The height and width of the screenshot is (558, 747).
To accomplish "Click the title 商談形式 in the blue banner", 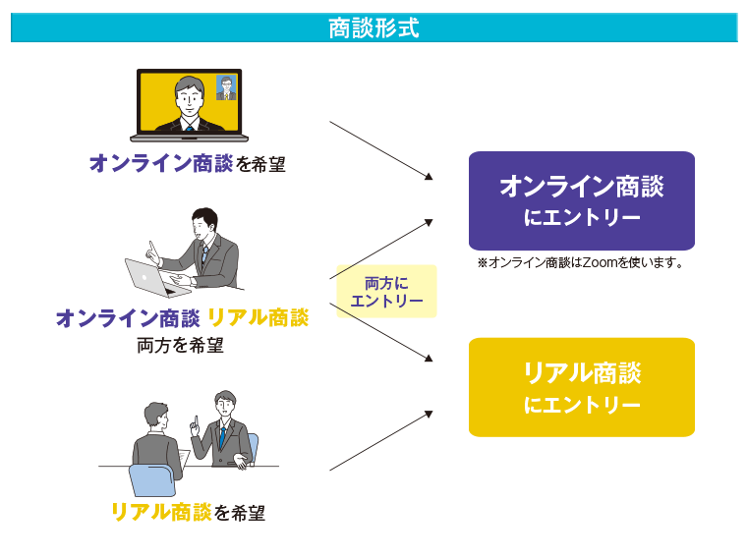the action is [373, 28].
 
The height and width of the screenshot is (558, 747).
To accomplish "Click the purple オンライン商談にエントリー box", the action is [582, 201].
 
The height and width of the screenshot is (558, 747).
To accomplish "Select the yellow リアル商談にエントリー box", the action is [582, 387].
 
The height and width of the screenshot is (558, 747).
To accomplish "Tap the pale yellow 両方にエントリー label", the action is [386, 292].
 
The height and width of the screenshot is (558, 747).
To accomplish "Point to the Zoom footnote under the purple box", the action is [581, 262].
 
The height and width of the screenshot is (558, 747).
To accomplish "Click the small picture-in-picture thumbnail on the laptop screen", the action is [226, 87].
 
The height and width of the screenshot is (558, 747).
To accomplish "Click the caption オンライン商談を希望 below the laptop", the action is [188, 163].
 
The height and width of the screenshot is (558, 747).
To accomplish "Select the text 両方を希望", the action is [180, 345].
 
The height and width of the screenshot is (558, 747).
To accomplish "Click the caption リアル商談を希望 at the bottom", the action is [188, 512].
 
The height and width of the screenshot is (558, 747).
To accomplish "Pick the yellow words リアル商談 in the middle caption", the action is [259, 317].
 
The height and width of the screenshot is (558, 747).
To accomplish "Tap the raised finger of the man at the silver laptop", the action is [151, 249].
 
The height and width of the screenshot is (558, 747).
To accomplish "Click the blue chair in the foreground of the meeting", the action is [152, 480].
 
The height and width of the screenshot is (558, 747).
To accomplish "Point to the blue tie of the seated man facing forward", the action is [222, 437].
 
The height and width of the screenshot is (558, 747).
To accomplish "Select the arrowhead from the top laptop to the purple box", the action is [429, 176].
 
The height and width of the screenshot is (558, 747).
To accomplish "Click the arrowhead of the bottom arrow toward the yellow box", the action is [429, 415].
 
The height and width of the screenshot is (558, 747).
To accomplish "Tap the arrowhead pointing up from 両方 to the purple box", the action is [429, 222].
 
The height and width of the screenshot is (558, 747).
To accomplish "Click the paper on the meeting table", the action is [184, 459].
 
